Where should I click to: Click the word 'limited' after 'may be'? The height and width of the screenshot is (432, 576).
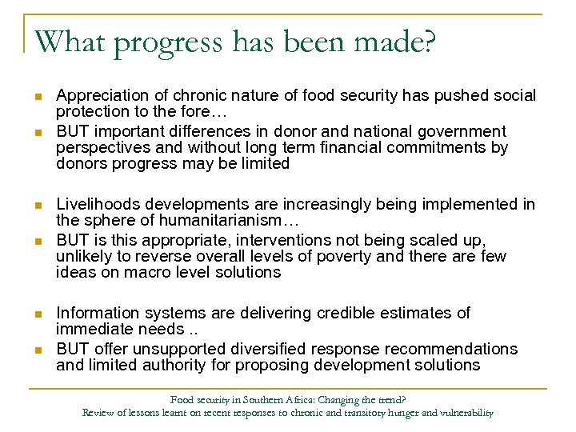[x=263, y=164]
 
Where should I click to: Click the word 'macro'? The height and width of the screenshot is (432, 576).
[x=137, y=272]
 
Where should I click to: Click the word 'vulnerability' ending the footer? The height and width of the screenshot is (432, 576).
[x=465, y=414]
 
